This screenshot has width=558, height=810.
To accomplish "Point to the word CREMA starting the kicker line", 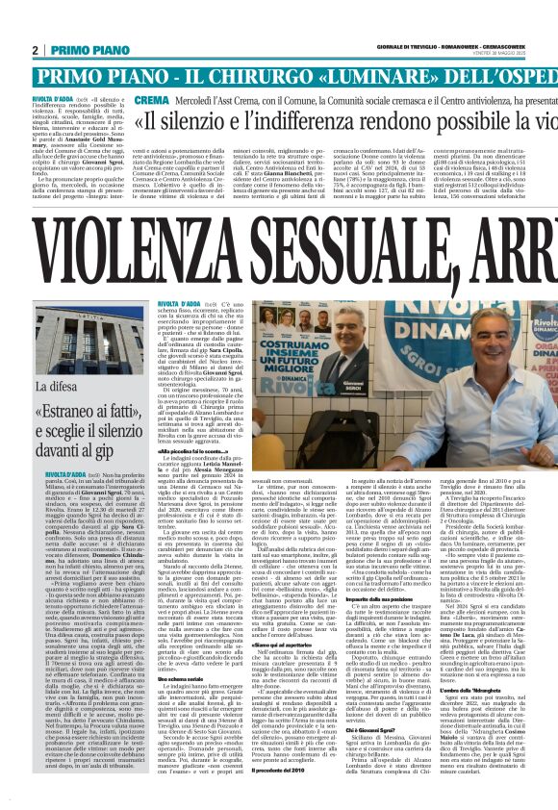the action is click(148, 100).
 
